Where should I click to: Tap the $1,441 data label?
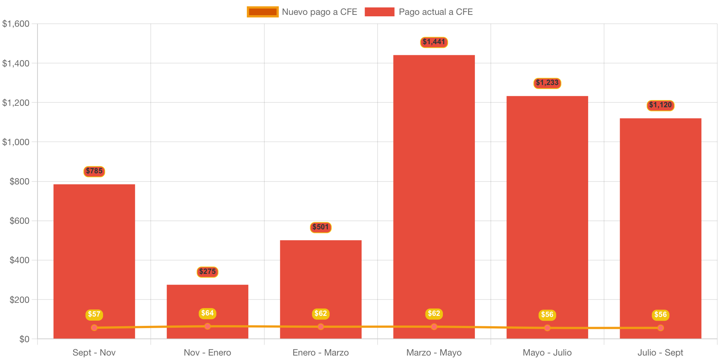434,42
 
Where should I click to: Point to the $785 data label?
94,171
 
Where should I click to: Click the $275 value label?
207,272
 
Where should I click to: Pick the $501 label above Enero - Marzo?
321,227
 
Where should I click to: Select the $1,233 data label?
547,83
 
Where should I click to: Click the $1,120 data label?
660,105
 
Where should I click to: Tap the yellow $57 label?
94,314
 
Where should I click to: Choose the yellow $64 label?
207,313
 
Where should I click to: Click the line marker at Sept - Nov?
94,328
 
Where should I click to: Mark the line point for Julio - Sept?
660,328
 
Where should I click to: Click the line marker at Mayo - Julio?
547,328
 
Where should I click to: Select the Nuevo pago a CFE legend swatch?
262,12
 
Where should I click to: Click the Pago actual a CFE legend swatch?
379,12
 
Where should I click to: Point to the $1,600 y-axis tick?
16,24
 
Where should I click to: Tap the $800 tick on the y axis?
19,181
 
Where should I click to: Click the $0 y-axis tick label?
24,339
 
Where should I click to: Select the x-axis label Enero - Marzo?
321,353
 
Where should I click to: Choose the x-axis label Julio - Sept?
660,353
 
